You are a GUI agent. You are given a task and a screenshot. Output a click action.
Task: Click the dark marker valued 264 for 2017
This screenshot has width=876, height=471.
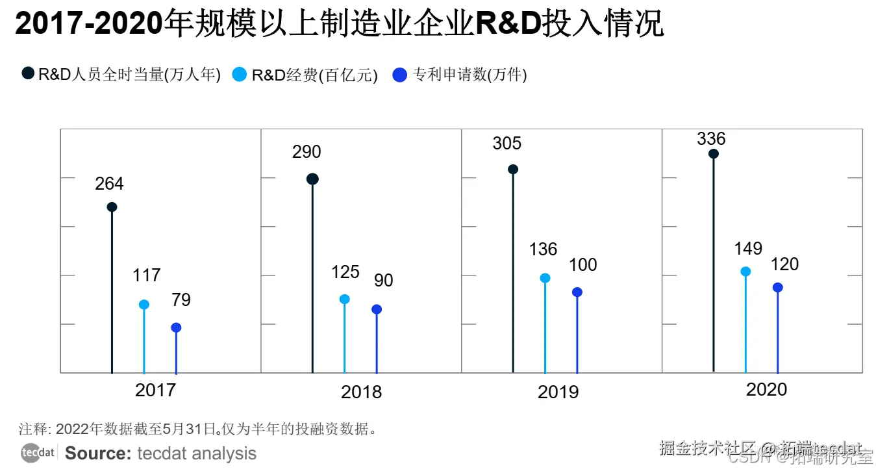[x=112, y=207]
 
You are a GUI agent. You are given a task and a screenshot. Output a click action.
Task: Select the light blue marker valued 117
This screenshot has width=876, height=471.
[x=144, y=305]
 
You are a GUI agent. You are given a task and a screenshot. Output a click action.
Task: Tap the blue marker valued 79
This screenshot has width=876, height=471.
[x=176, y=328]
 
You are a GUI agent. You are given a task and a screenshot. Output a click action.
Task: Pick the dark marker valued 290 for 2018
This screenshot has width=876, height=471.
[x=312, y=179]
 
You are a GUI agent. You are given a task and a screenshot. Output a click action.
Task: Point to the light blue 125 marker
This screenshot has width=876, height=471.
[x=345, y=299]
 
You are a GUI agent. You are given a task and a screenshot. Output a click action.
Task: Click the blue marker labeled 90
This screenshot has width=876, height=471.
[x=377, y=310]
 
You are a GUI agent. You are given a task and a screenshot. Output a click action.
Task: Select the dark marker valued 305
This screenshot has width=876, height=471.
[x=513, y=170]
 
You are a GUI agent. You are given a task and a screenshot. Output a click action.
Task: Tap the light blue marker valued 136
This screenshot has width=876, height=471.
[x=545, y=278]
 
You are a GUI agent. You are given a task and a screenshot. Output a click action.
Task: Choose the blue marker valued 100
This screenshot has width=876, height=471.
[x=577, y=292]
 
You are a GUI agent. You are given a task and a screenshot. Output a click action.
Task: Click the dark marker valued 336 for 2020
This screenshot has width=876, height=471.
[x=714, y=154]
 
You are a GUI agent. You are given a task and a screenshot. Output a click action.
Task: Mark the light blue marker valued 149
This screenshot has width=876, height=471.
[x=745, y=272]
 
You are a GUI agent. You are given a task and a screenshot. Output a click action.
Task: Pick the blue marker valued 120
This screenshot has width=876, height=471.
[x=777, y=288]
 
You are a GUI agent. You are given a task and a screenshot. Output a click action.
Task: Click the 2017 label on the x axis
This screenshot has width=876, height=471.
[x=155, y=390]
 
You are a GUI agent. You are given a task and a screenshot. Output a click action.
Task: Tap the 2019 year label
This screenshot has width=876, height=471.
[x=558, y=392]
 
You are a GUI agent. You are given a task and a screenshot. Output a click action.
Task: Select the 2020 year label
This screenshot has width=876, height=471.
[x=766, y=390]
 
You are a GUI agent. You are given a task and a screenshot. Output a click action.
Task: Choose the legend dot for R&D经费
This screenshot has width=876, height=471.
[x=240, y=75]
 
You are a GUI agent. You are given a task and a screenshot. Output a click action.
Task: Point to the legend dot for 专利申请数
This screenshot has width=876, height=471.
[x=401, y=75]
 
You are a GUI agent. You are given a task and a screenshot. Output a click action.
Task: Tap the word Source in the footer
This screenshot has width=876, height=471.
[x=98, y=453]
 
